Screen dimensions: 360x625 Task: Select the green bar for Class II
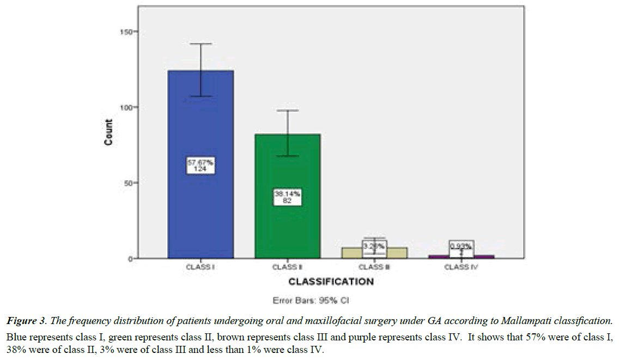(287, 163)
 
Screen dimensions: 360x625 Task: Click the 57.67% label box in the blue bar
(201, 165)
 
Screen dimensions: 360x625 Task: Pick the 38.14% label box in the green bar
(287, 197)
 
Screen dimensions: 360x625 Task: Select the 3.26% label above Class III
(374, 246)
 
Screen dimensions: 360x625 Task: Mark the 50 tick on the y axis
(130, 183)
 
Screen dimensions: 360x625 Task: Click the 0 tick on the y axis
(132, 259)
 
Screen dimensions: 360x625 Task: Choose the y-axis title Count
(109, 132)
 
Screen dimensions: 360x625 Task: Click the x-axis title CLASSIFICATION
(331, 282)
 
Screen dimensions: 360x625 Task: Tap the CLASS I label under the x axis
(201, 267)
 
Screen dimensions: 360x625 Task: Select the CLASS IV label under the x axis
(461, 267)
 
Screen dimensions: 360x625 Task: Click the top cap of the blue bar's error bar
(201, 44)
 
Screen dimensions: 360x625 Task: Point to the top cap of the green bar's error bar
(287, 111)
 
